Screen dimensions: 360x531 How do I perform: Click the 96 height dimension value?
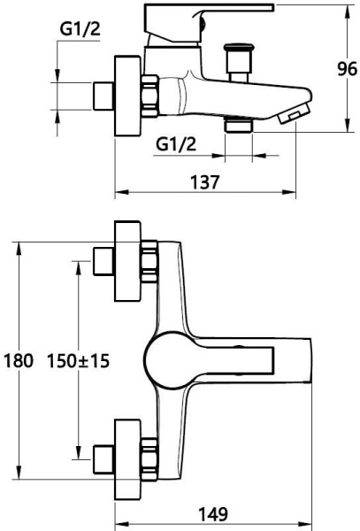point(347,69)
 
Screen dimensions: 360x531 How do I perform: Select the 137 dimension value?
point(205,182)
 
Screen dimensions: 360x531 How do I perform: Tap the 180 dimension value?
point(19,360)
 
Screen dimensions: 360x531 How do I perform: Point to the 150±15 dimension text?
point(78,361)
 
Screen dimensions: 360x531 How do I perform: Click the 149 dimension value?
point(213,514)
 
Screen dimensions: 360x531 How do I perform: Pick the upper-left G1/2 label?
point(80,29)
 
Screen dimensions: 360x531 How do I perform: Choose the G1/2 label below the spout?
point(176,144)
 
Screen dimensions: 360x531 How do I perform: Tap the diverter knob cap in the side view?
point(239,47)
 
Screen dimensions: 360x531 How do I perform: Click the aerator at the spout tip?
point(294,113)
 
